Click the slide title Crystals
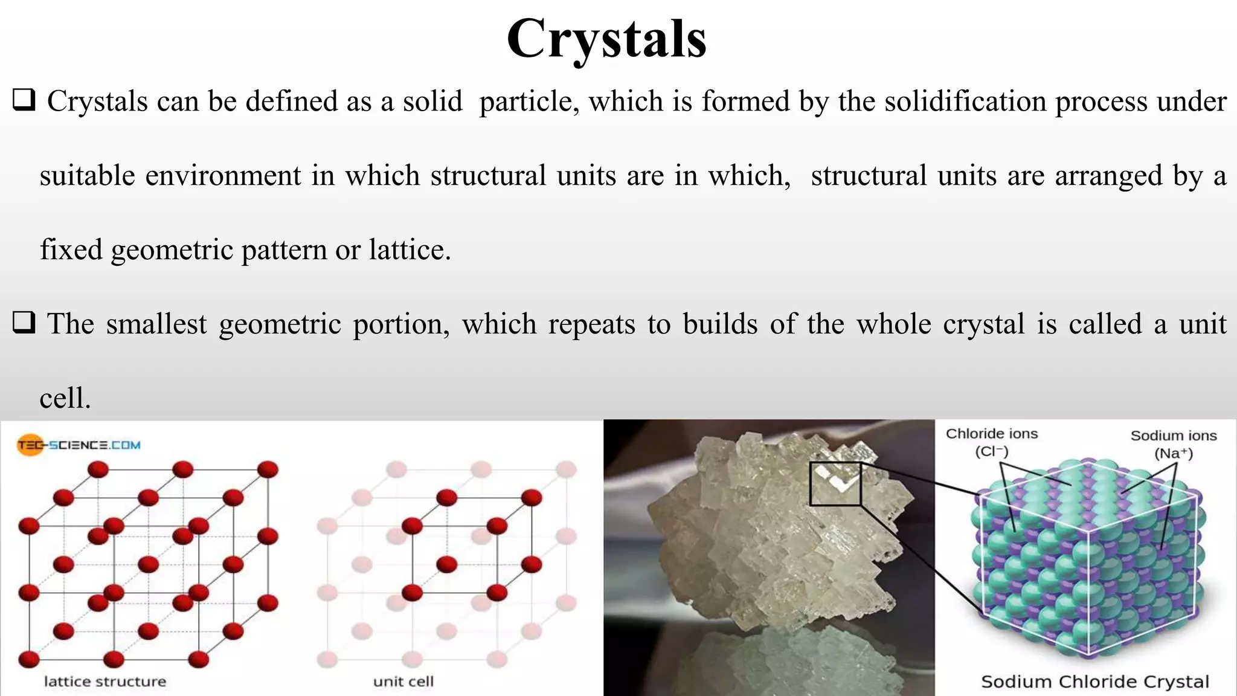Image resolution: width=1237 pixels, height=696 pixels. click(606, 39)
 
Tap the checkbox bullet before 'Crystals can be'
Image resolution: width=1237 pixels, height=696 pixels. click(24, 100)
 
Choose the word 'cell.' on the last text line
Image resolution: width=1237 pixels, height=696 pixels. click(65, 399)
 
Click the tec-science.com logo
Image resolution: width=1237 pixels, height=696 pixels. click(79, 445)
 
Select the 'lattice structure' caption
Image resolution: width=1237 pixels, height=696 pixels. click(104, 681)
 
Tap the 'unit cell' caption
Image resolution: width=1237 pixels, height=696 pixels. click(403, 681)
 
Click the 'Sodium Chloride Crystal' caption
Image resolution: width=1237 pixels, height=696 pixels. click(1094, 681)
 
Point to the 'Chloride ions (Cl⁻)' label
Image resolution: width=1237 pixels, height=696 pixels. click(991, 442)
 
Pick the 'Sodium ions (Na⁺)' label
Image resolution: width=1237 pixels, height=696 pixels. click(1173, 444)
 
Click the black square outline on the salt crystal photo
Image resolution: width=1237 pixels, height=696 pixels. click(835, 483)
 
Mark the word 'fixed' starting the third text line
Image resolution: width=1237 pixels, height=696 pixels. click(71, 250)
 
